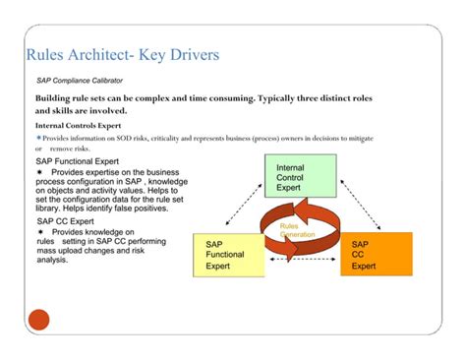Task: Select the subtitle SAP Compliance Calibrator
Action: (x=80, y=82)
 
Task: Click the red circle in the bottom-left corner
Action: (x=38, y=319)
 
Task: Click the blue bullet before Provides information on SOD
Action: (x=38, y=139)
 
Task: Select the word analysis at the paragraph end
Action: (x=53, y=261)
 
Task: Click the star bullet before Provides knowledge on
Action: (x=40, y=233)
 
